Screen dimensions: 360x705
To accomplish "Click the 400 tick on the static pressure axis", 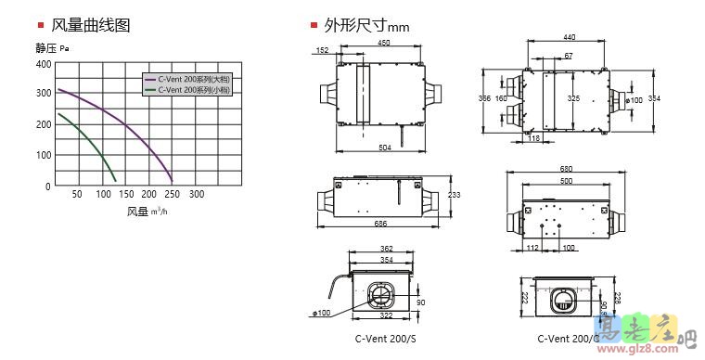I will [x=43, y=64].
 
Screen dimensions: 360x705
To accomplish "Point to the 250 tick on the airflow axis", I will [x=172, y=195].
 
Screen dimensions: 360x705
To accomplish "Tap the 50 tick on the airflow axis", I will [x=77, y=195].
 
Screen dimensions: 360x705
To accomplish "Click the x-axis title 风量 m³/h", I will [x=147, y=212].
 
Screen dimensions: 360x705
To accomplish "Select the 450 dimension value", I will [x=383, y=43].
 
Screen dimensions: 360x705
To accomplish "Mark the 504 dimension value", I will [x=384, y=148].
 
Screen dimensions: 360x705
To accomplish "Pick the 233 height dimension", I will [x=455, y=195].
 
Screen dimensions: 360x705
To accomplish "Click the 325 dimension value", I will [x=573, y=97].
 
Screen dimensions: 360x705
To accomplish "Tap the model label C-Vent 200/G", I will [x=561, y=340].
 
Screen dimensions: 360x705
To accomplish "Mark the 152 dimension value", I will [x=322, y=50].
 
